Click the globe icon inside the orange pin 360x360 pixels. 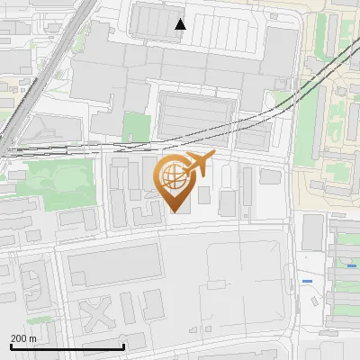coord(172,177)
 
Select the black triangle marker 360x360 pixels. coord(181,24)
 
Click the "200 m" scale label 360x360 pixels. coord(23,337)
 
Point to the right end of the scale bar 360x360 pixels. coord(123,346)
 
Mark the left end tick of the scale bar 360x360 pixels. coord(10,346)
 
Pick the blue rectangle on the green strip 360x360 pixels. coord(351,265)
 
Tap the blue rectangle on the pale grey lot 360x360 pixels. coord(308,281)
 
